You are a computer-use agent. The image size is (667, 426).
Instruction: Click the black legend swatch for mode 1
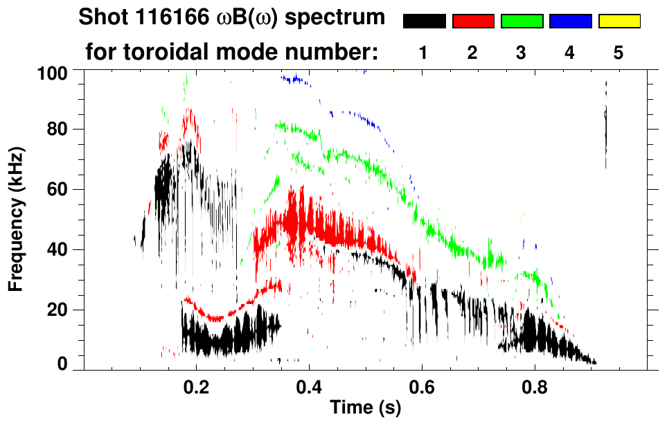(x=424, y=21)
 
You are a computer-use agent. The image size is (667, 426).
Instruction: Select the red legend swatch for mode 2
(x=473, y=21)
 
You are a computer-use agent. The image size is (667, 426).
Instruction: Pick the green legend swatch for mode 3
(x=522, y=21)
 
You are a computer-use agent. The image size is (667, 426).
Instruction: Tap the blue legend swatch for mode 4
(x=570, y=21)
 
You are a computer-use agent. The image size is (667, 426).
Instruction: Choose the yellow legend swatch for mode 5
(x=619, y=21)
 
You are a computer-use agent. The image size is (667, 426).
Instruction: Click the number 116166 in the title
(x=157, y=19)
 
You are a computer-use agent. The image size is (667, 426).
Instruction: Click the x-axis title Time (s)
(x=365, y=408)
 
